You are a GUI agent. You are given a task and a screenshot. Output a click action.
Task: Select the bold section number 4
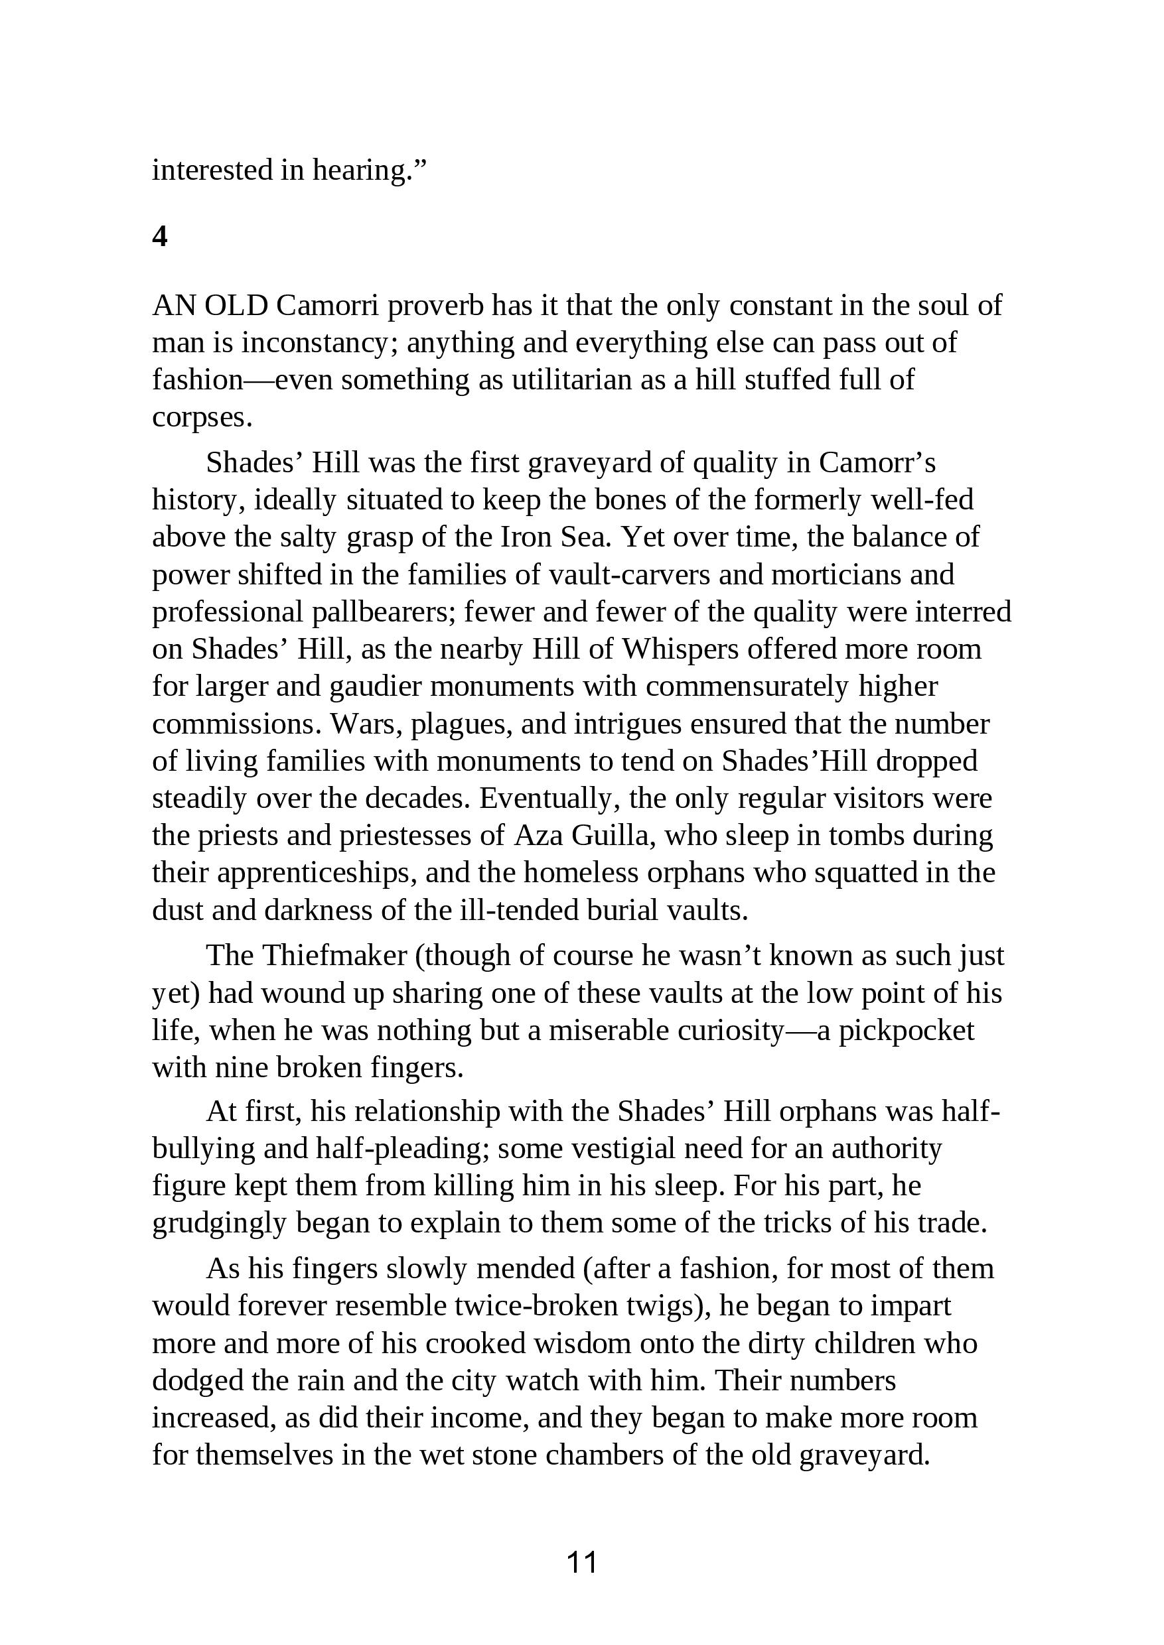click(x=160, y=236)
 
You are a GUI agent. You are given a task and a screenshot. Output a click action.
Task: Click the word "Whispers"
click(x=680, y=649)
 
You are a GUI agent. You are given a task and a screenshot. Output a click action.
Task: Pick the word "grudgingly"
click(x=219, y=1223)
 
